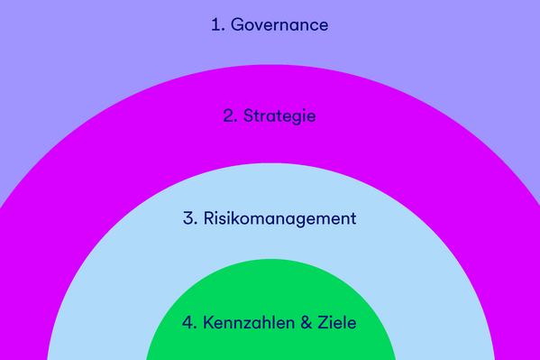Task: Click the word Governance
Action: [279, 25]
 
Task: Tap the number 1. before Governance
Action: [217, 25]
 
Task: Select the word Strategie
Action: [280, 116]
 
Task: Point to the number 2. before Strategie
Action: [230, 116]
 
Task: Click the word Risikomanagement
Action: [280, 218]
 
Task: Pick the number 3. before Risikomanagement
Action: [189, 218]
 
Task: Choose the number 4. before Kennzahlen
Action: [188, 322]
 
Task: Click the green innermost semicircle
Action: [270, 289]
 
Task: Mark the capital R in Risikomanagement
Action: [209, 218]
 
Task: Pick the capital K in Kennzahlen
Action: [208, 322]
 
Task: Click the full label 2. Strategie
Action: [270, 116]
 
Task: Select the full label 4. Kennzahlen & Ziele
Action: [270, 322]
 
